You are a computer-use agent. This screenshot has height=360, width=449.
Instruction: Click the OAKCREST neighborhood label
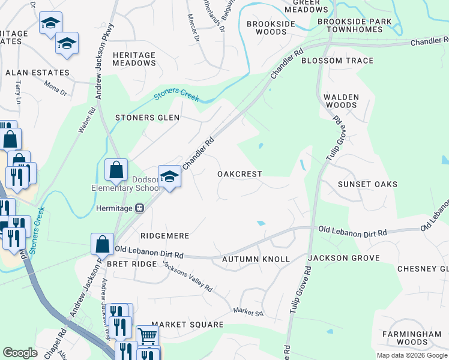click(x=240, y=174)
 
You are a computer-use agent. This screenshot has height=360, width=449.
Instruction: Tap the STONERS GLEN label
click(x=147, y=118)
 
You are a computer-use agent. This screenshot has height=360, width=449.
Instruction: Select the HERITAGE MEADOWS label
click(x=134, y=59)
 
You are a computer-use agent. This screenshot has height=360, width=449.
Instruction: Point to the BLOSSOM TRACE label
click(x=337, y=61)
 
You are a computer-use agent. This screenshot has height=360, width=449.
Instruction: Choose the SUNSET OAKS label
click(x=367, y=184)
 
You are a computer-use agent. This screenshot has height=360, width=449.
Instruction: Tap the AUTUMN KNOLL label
click(x=256, y=259)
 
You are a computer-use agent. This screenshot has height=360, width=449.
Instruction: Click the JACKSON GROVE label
click(x=344, y=258)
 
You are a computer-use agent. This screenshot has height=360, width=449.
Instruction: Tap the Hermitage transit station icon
click(x=139, y=208)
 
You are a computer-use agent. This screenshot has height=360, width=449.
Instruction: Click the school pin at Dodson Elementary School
click(x=170, y=176)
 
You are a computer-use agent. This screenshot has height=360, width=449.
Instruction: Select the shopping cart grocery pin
click(x=148, y=336)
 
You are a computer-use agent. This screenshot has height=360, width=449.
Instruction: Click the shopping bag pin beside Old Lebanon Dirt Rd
click(x=102, y=244)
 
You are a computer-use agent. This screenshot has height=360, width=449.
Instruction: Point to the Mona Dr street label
click(x=56, y=89)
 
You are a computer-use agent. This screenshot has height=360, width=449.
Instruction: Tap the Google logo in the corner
click(x=20, y=353)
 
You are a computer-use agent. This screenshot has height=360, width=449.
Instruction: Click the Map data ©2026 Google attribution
click(x=411, y=355)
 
